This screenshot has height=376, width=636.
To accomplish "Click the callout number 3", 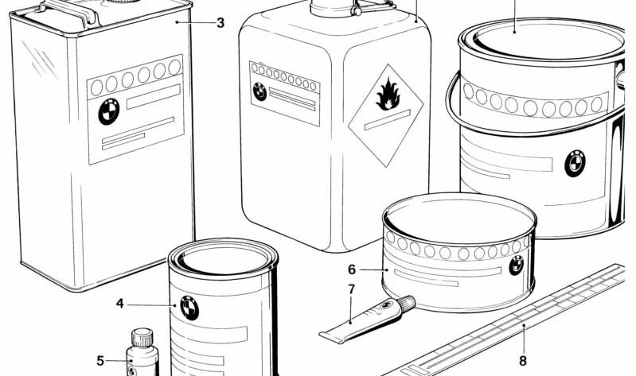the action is click(220, 23).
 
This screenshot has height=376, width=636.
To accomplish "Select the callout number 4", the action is click(119, 304).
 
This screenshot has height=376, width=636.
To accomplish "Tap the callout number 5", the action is click(100, 361).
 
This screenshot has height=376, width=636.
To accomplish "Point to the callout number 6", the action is click(352, 269).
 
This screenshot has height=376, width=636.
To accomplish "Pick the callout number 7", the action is click(351, 289).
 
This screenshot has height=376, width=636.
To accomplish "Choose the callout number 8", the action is click(523, 361).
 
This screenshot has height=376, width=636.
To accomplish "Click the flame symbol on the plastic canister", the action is click(388, 95).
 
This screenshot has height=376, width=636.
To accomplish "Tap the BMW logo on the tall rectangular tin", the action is click(109, 112).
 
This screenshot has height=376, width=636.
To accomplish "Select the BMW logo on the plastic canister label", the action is click(259, 91).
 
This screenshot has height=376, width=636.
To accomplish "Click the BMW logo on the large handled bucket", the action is click(575, 164).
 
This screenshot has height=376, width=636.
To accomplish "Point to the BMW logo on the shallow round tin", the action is click(517, 266).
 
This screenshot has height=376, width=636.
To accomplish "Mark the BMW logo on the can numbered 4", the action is click(189, 308).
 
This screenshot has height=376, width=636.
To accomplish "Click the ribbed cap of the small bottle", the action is click(142, 338).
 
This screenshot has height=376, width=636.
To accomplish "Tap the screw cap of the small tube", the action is click(407, 303).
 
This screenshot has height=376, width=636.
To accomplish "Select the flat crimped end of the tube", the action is click(333, 336).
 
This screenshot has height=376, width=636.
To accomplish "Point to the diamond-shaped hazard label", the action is click(386, 115).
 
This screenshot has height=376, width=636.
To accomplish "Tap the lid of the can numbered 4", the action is click(223, 260).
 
